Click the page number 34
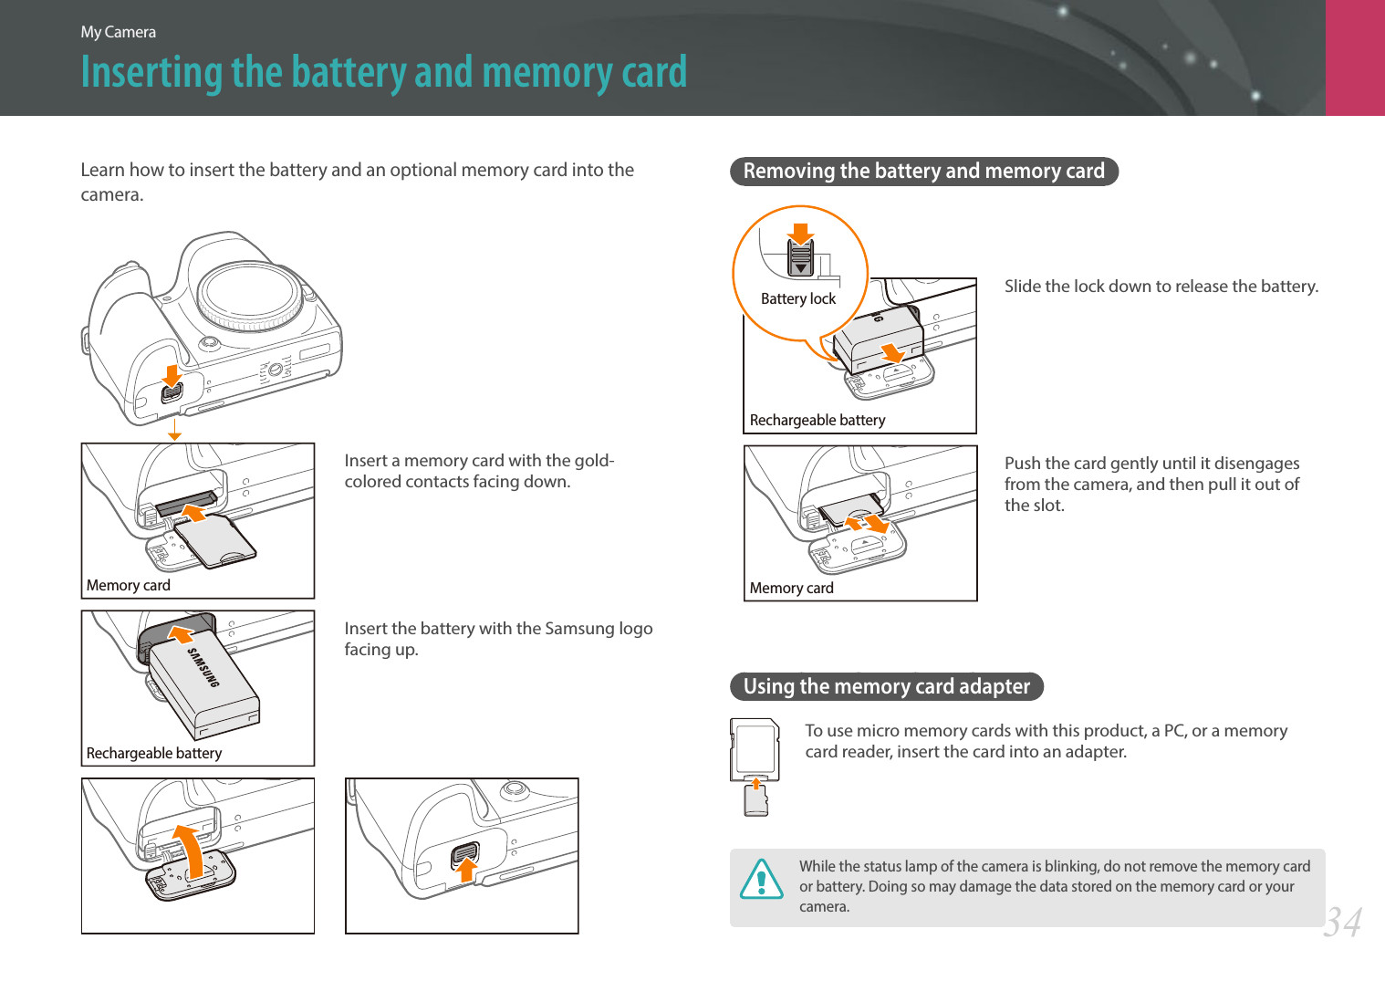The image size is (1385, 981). [x=1342, y=922]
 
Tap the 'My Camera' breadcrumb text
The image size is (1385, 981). [x=118, y=32]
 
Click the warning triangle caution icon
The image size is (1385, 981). [x=761, y=880]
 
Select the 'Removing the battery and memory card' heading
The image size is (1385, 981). [x=923, y=172]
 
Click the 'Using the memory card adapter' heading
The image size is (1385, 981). [x=886, y=686]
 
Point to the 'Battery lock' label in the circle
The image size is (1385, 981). [x=797, y=298]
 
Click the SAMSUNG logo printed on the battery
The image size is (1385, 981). [x=203, y=667]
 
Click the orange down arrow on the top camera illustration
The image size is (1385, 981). [x=172, y=376]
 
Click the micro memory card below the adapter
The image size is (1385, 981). [x=755, y=799]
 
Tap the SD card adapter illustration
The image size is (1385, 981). [x=755, y=749]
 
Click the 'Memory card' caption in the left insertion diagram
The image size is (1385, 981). [x=129, y=585]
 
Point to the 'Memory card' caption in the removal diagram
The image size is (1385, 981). [x=791, y=588]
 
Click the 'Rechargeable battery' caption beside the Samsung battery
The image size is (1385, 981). [x=154, y=753]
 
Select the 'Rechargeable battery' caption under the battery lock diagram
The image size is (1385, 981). [x=817, y=420]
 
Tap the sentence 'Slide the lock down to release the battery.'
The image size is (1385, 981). [x=1161, y=287]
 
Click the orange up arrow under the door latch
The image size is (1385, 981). [x=466, y=870]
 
